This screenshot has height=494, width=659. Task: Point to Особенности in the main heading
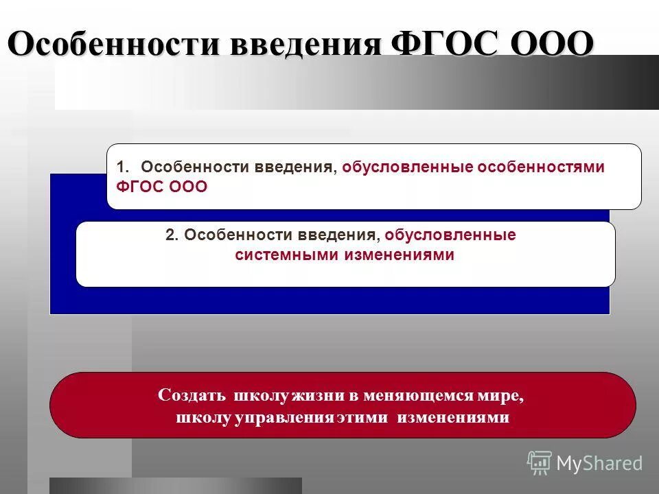pos(116,45)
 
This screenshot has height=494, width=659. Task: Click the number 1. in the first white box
pos(123,167)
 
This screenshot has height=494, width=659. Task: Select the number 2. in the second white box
pos(172,235)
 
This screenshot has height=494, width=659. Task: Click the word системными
pos(284,255)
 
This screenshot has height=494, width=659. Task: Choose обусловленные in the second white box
pos(450,235)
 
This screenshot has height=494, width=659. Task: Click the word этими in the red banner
pos(362,417)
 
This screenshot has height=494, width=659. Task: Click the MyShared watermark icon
pos(540,463)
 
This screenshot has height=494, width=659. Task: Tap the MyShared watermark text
pos(599,464)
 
